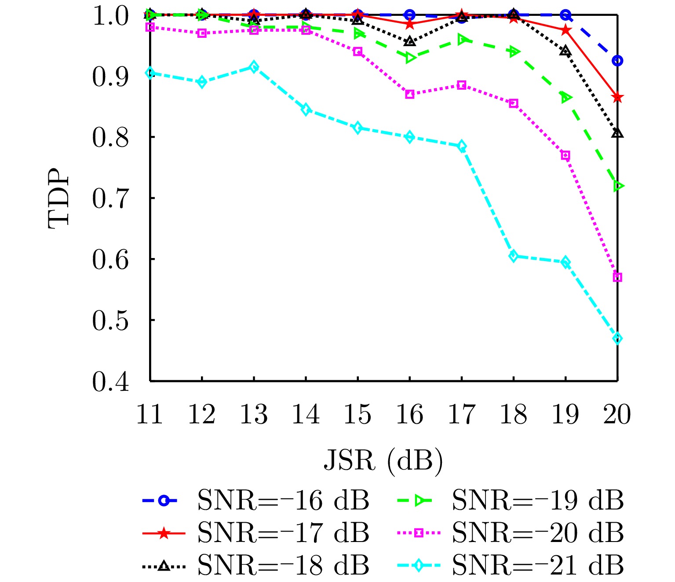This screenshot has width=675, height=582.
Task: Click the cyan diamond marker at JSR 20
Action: point(617,338)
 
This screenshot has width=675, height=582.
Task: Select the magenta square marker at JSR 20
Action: point(617,277)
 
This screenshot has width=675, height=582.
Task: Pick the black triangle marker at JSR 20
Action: point(617,133)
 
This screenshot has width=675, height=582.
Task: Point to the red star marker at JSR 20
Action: point(617,97)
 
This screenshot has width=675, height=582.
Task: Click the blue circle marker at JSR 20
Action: point(617,61)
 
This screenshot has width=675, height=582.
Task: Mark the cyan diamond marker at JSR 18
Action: point(514,256)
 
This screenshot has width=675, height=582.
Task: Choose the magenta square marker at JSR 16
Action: point(410,94)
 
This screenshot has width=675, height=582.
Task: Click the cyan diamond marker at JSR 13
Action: point(254,67)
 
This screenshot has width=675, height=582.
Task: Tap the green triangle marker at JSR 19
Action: point(566,98)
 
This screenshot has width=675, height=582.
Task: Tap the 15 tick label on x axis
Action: point(358,415)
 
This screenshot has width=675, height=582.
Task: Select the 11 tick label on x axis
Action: point(150,415)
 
